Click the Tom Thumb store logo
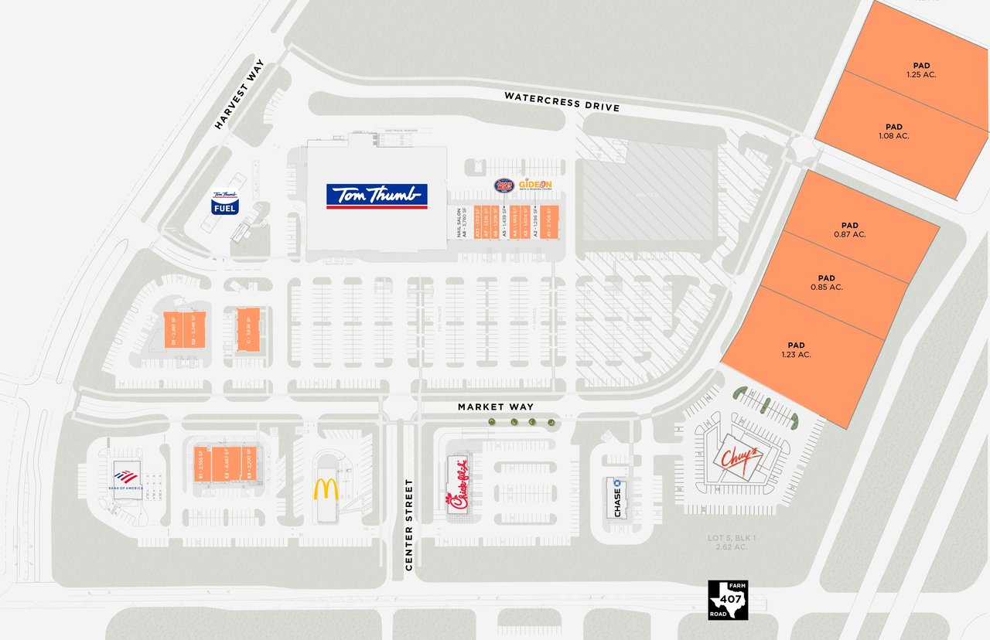[377, 196]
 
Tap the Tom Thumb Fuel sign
[225, 203]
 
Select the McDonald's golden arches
[326, 489]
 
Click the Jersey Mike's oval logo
[504, 186]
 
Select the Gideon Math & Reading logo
[535, 186]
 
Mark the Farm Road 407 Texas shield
[729, 600]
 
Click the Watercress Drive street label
[562, 101]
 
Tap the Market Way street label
[495, 407]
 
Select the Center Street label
[409, 525]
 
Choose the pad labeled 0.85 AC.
[826, 282]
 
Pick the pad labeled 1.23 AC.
[796, 349]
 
